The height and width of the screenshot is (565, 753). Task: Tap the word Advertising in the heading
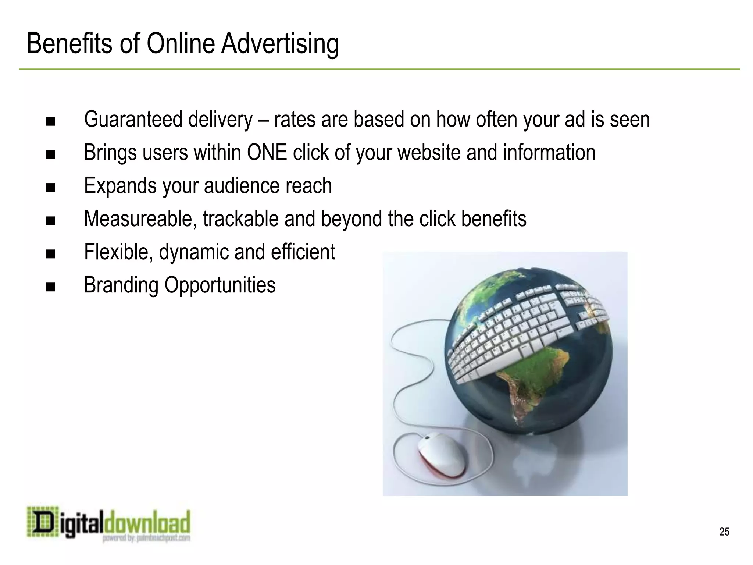280,44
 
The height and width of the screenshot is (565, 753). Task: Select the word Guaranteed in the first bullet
133,120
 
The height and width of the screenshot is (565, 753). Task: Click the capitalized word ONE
267,152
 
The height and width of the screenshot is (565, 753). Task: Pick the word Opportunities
220,285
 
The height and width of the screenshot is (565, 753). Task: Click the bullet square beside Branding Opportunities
51,287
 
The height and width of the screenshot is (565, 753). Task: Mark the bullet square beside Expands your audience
51,188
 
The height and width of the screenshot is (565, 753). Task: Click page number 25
724,532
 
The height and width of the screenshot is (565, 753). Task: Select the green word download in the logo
147,522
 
